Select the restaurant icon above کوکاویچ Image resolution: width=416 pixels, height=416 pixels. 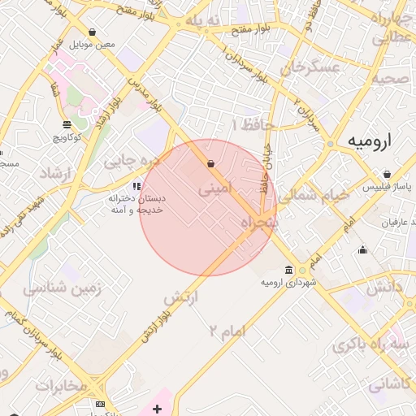[x=67, y=124]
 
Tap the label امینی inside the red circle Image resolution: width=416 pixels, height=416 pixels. [x=215, y=188]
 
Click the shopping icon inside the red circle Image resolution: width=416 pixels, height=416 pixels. [x=211, y=163]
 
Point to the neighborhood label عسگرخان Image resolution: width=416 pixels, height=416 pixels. [x=310, y=68]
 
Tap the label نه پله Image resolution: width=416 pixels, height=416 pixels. [x=204, y=19]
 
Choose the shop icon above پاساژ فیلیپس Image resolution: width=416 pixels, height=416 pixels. [x=387, y=174]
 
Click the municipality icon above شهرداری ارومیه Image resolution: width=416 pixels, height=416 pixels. [x=289, y=270]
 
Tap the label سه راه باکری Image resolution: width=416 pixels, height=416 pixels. [x=362, y=344]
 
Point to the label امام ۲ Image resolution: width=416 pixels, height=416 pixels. [x=227, y=329]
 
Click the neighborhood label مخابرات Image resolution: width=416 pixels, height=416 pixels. [x=61, y=384]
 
